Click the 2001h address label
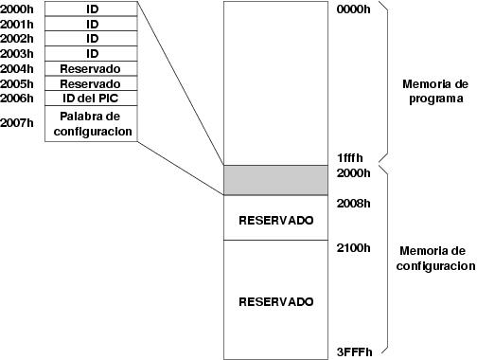pos(17,25)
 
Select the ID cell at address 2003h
pos(91,54)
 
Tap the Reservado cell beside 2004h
pos(91,68)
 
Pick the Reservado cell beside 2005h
pos(91,83)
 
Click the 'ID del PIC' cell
pos(91,99)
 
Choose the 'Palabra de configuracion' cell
pos(91,123)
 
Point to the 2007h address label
pos(17,123)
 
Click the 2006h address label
pos(17,99)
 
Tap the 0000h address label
pos(354,9)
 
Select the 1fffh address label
pos(350,157)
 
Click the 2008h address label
pos(354,204)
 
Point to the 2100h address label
pos(354,248)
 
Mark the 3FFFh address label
pos(355,351)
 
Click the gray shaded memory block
pos(275,180)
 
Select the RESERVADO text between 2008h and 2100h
pos(276,221)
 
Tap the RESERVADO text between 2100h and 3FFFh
pos(276,302)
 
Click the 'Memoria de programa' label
pos(435,91)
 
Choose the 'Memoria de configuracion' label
pos(435,259)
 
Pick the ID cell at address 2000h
pos(91,9)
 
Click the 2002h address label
pos(17,39)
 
